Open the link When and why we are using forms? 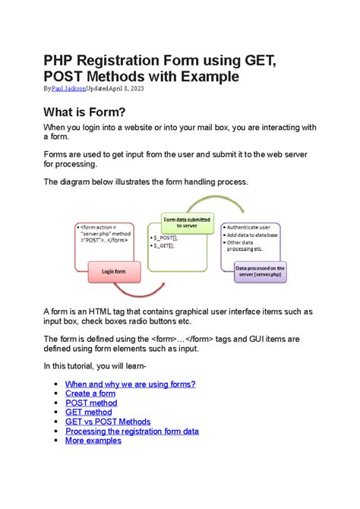tap(131, 384)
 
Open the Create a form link tap(90, 394)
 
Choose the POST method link tap(91, 403)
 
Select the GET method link tap(88, 412)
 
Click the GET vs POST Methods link tap(108, 422)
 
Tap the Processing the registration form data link tap(132, 431)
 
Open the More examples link tap(93, 440)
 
